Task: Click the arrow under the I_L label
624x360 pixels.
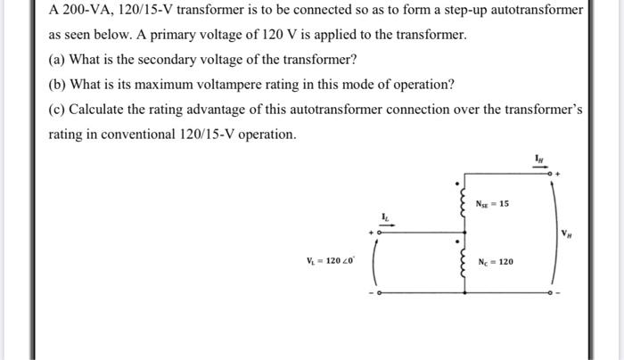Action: pos(384,227)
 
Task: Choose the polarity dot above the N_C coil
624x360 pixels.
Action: pos(459,240)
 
